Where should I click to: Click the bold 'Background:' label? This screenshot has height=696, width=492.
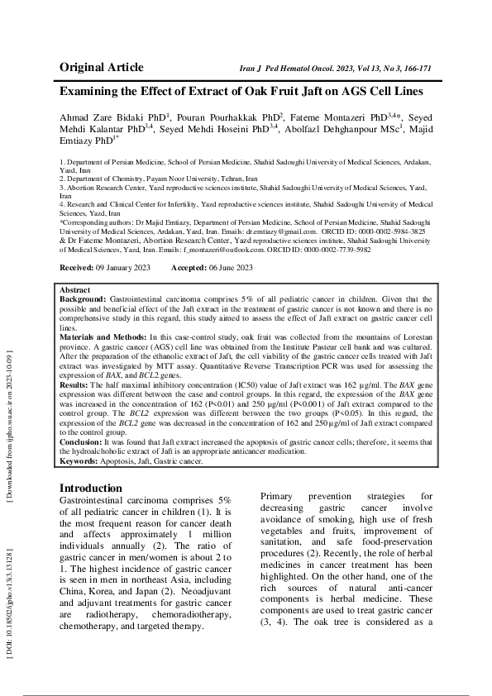(84, 298)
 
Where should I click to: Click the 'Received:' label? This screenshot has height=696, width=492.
(79, 269)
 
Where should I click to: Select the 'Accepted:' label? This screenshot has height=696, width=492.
(189, 269)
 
